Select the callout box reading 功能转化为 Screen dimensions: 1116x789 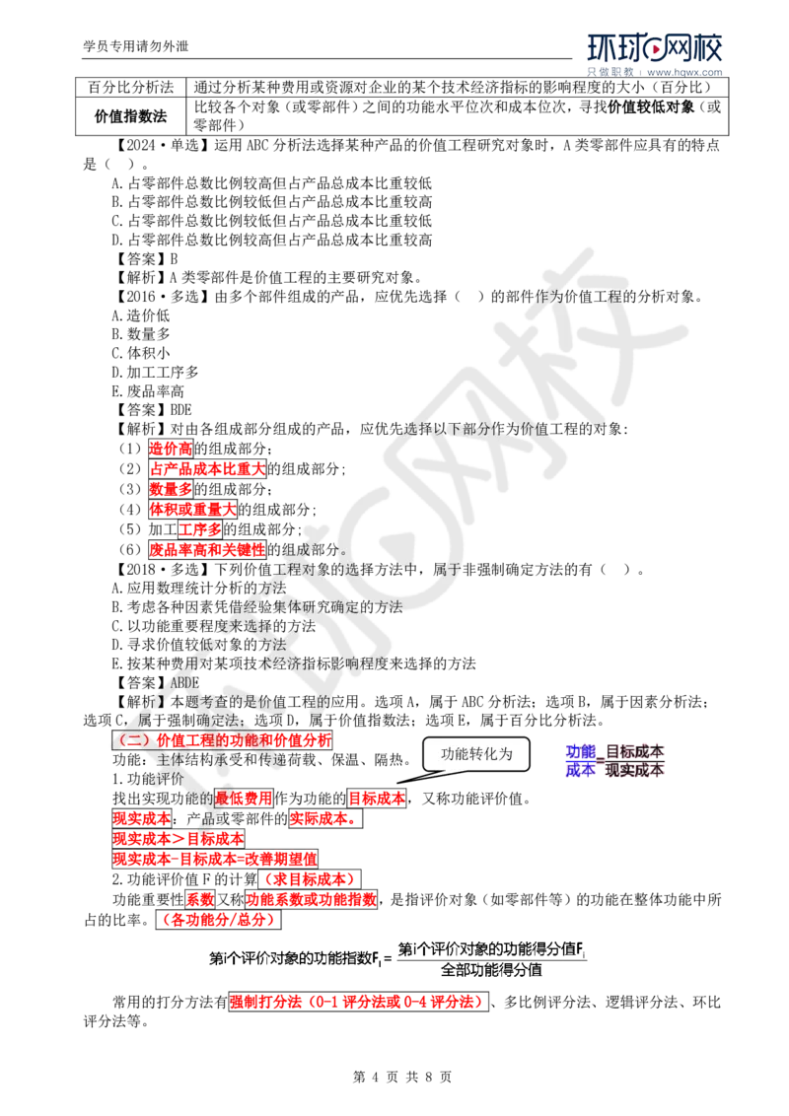point(477,754)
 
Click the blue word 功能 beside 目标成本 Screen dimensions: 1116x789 point(580,751)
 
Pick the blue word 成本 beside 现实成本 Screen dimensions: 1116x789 point(580,770)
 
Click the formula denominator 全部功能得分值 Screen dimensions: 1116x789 point(492,969)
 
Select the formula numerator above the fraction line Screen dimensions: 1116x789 point(492,949)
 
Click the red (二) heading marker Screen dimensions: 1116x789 point(131,738)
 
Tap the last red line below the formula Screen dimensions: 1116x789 point(355,1002)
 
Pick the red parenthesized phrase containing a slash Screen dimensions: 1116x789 point(216,919)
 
